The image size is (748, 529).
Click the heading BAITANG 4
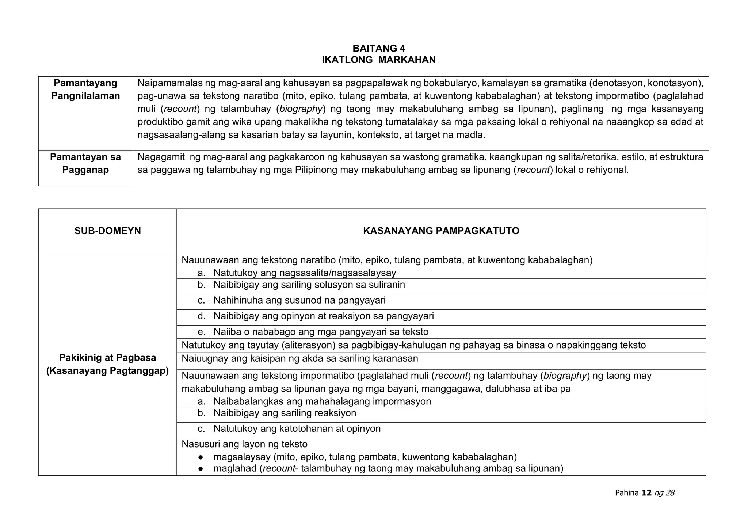[379, 48]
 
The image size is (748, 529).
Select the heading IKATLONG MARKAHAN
[379, 60]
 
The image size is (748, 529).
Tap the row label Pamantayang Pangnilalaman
[85, 90]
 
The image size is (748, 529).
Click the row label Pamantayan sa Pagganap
[85, 163]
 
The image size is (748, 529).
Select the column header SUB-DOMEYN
[107, 231]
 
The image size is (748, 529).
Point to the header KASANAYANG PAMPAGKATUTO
[441, 231]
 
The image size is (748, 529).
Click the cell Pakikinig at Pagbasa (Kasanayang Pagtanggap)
[107, 364]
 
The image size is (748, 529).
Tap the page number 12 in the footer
[646, 493]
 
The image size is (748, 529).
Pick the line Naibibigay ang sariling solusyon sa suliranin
[309, 285]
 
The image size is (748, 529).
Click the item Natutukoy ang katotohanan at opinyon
[297, 429]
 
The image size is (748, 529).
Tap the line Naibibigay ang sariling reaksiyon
[285, 413]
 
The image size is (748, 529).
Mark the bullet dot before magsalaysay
[201, 457]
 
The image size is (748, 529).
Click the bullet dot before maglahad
[201, 469]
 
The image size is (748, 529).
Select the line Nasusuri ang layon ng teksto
[244, 444]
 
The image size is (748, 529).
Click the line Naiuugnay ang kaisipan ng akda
[299, 359]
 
